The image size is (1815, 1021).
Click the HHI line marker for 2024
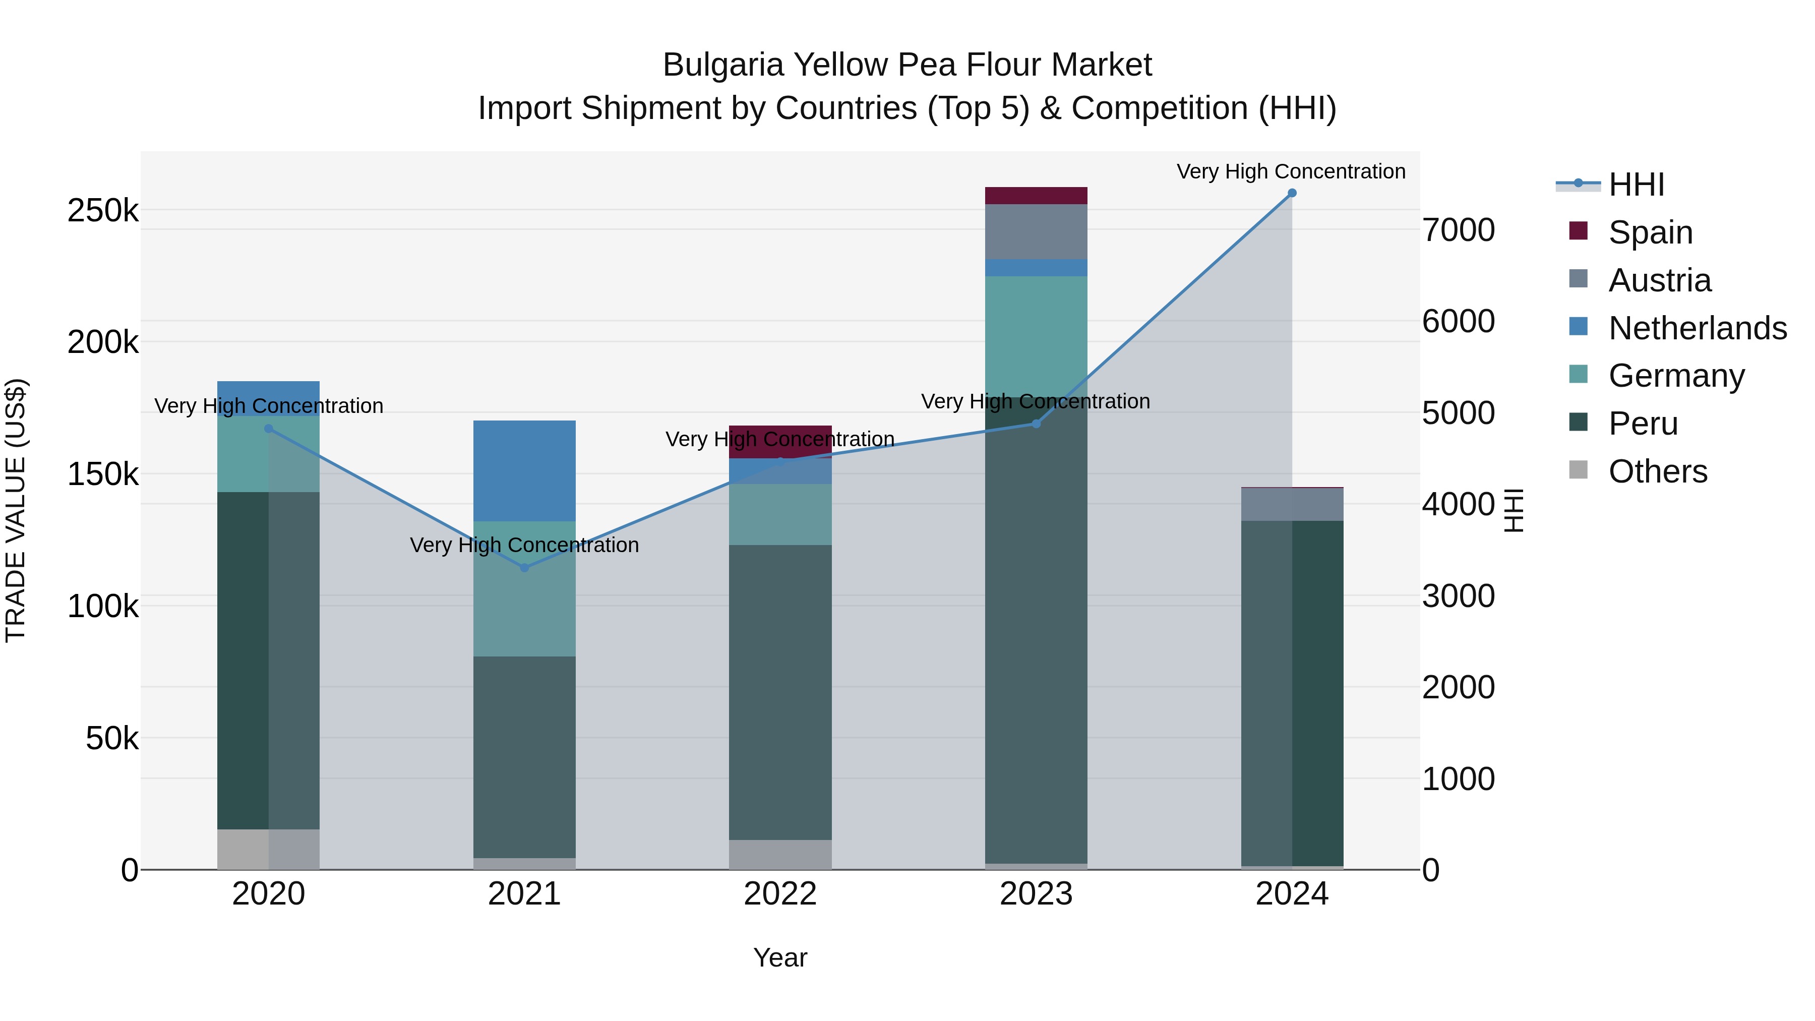1292,193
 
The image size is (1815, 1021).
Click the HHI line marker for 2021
524,568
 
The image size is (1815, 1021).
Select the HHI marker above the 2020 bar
268,429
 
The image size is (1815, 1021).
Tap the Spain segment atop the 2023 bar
1036,196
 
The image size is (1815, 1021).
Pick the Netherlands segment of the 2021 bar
524,471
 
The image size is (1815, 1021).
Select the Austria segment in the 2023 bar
1036,232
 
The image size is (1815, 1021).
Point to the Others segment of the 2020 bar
268,849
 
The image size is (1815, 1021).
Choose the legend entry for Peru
1643,424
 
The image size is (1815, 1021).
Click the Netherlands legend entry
1697,328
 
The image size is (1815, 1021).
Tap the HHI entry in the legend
1636,185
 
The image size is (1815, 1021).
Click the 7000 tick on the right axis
1458,230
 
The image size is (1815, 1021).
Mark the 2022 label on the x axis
780,894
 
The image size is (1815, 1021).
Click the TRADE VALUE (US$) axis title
16,510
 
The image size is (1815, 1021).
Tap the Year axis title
780,957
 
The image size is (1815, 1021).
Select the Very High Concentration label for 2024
1291,171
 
